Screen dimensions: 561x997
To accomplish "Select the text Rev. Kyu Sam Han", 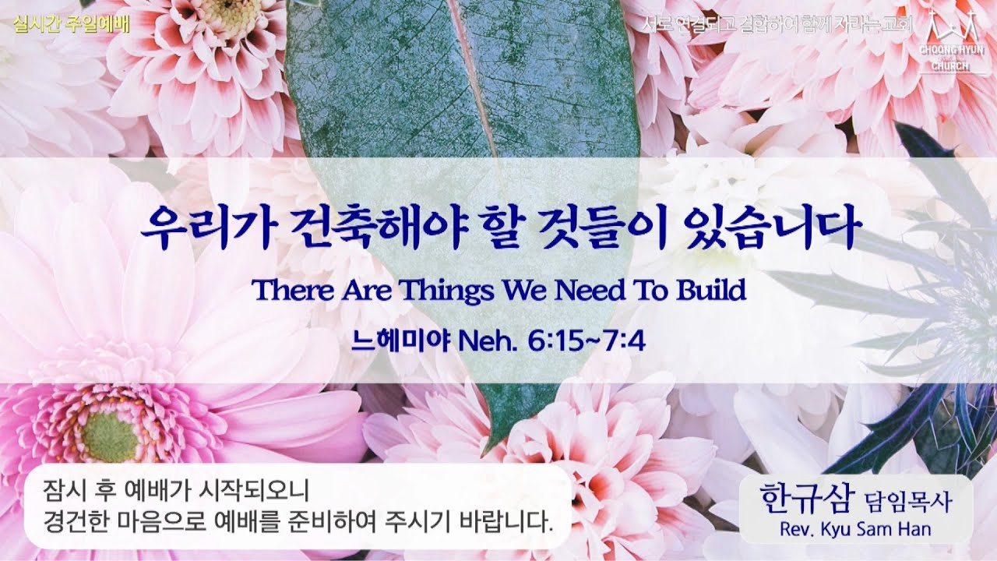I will point(854,530).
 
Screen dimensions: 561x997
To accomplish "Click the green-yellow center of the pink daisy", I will point(110,436).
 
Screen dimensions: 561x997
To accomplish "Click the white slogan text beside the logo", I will point(779,24).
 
